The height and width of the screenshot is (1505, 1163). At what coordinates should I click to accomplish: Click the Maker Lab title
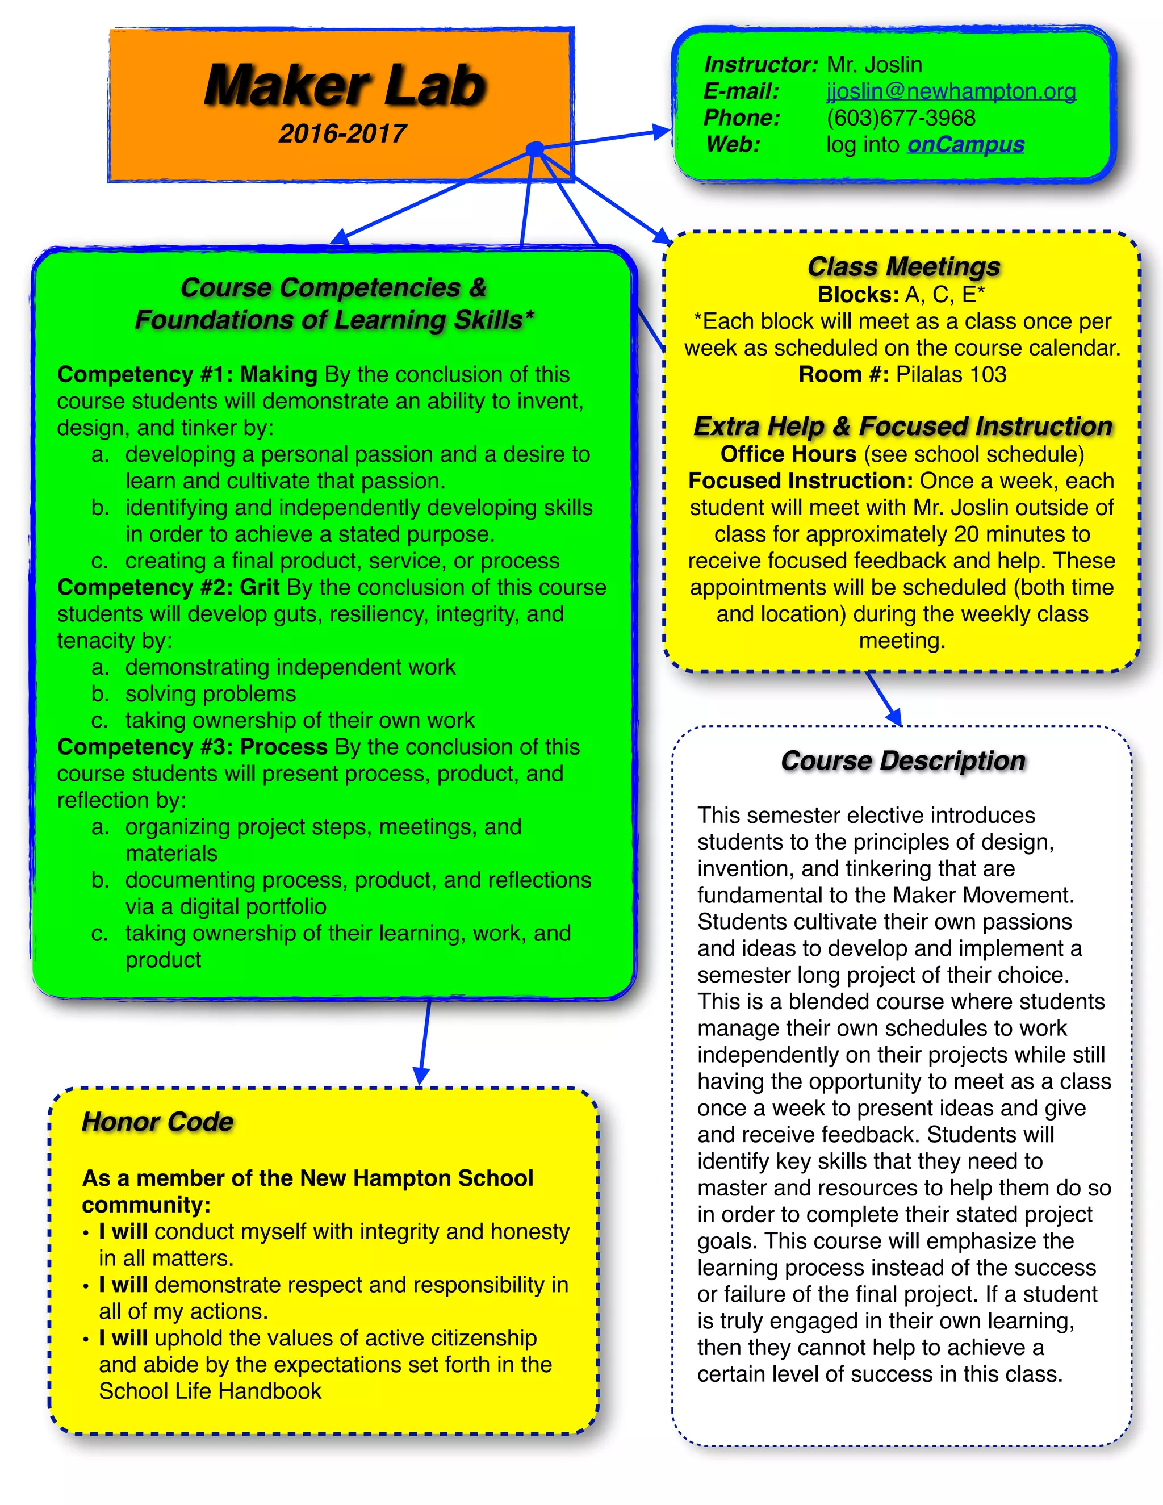tap(345, 85)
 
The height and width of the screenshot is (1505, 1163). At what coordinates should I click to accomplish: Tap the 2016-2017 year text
tap(342, 133)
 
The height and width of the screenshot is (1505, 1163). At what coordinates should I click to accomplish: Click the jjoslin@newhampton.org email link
tap(951, 91)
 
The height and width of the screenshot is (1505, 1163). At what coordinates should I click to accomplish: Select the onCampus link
tap(965, 145)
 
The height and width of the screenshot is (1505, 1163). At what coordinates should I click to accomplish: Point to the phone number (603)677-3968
tap(901, 118)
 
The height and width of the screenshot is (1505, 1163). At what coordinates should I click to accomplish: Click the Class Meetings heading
tap(903, 267)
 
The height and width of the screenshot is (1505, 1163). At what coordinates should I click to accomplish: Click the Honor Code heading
tap(157, 1122)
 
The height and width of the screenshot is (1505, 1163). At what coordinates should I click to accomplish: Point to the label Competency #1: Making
tap(187, 375)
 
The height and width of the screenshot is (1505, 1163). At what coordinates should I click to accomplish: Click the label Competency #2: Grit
tap(168, 588)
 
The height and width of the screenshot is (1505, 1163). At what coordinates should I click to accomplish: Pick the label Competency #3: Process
tap(193, 747)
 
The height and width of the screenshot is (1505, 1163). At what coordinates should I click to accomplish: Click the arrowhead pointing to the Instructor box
tap(662, 132)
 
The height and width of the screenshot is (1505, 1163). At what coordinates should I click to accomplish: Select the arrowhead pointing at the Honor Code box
tap(421, 1076)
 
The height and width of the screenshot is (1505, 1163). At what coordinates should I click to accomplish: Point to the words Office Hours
tap(788, 455)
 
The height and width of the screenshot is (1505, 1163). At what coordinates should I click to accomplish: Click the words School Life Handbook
tap(210, 1391)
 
